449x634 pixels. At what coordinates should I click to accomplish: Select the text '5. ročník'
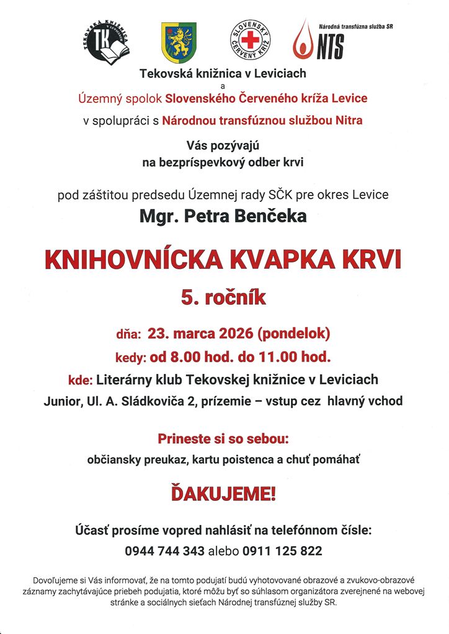pos(224,298)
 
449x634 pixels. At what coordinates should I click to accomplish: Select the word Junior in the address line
pos(61,401)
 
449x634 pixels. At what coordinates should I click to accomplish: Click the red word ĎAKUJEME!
pos(224,494)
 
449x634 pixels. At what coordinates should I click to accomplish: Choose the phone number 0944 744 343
pos(165,551)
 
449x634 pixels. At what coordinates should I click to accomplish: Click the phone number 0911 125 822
pos(283,551)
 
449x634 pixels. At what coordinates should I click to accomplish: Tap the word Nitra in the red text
pos(348,121)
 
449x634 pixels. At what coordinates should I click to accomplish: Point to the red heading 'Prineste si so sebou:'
pos(224,440)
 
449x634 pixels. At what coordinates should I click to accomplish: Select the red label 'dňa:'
pos(128,334)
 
